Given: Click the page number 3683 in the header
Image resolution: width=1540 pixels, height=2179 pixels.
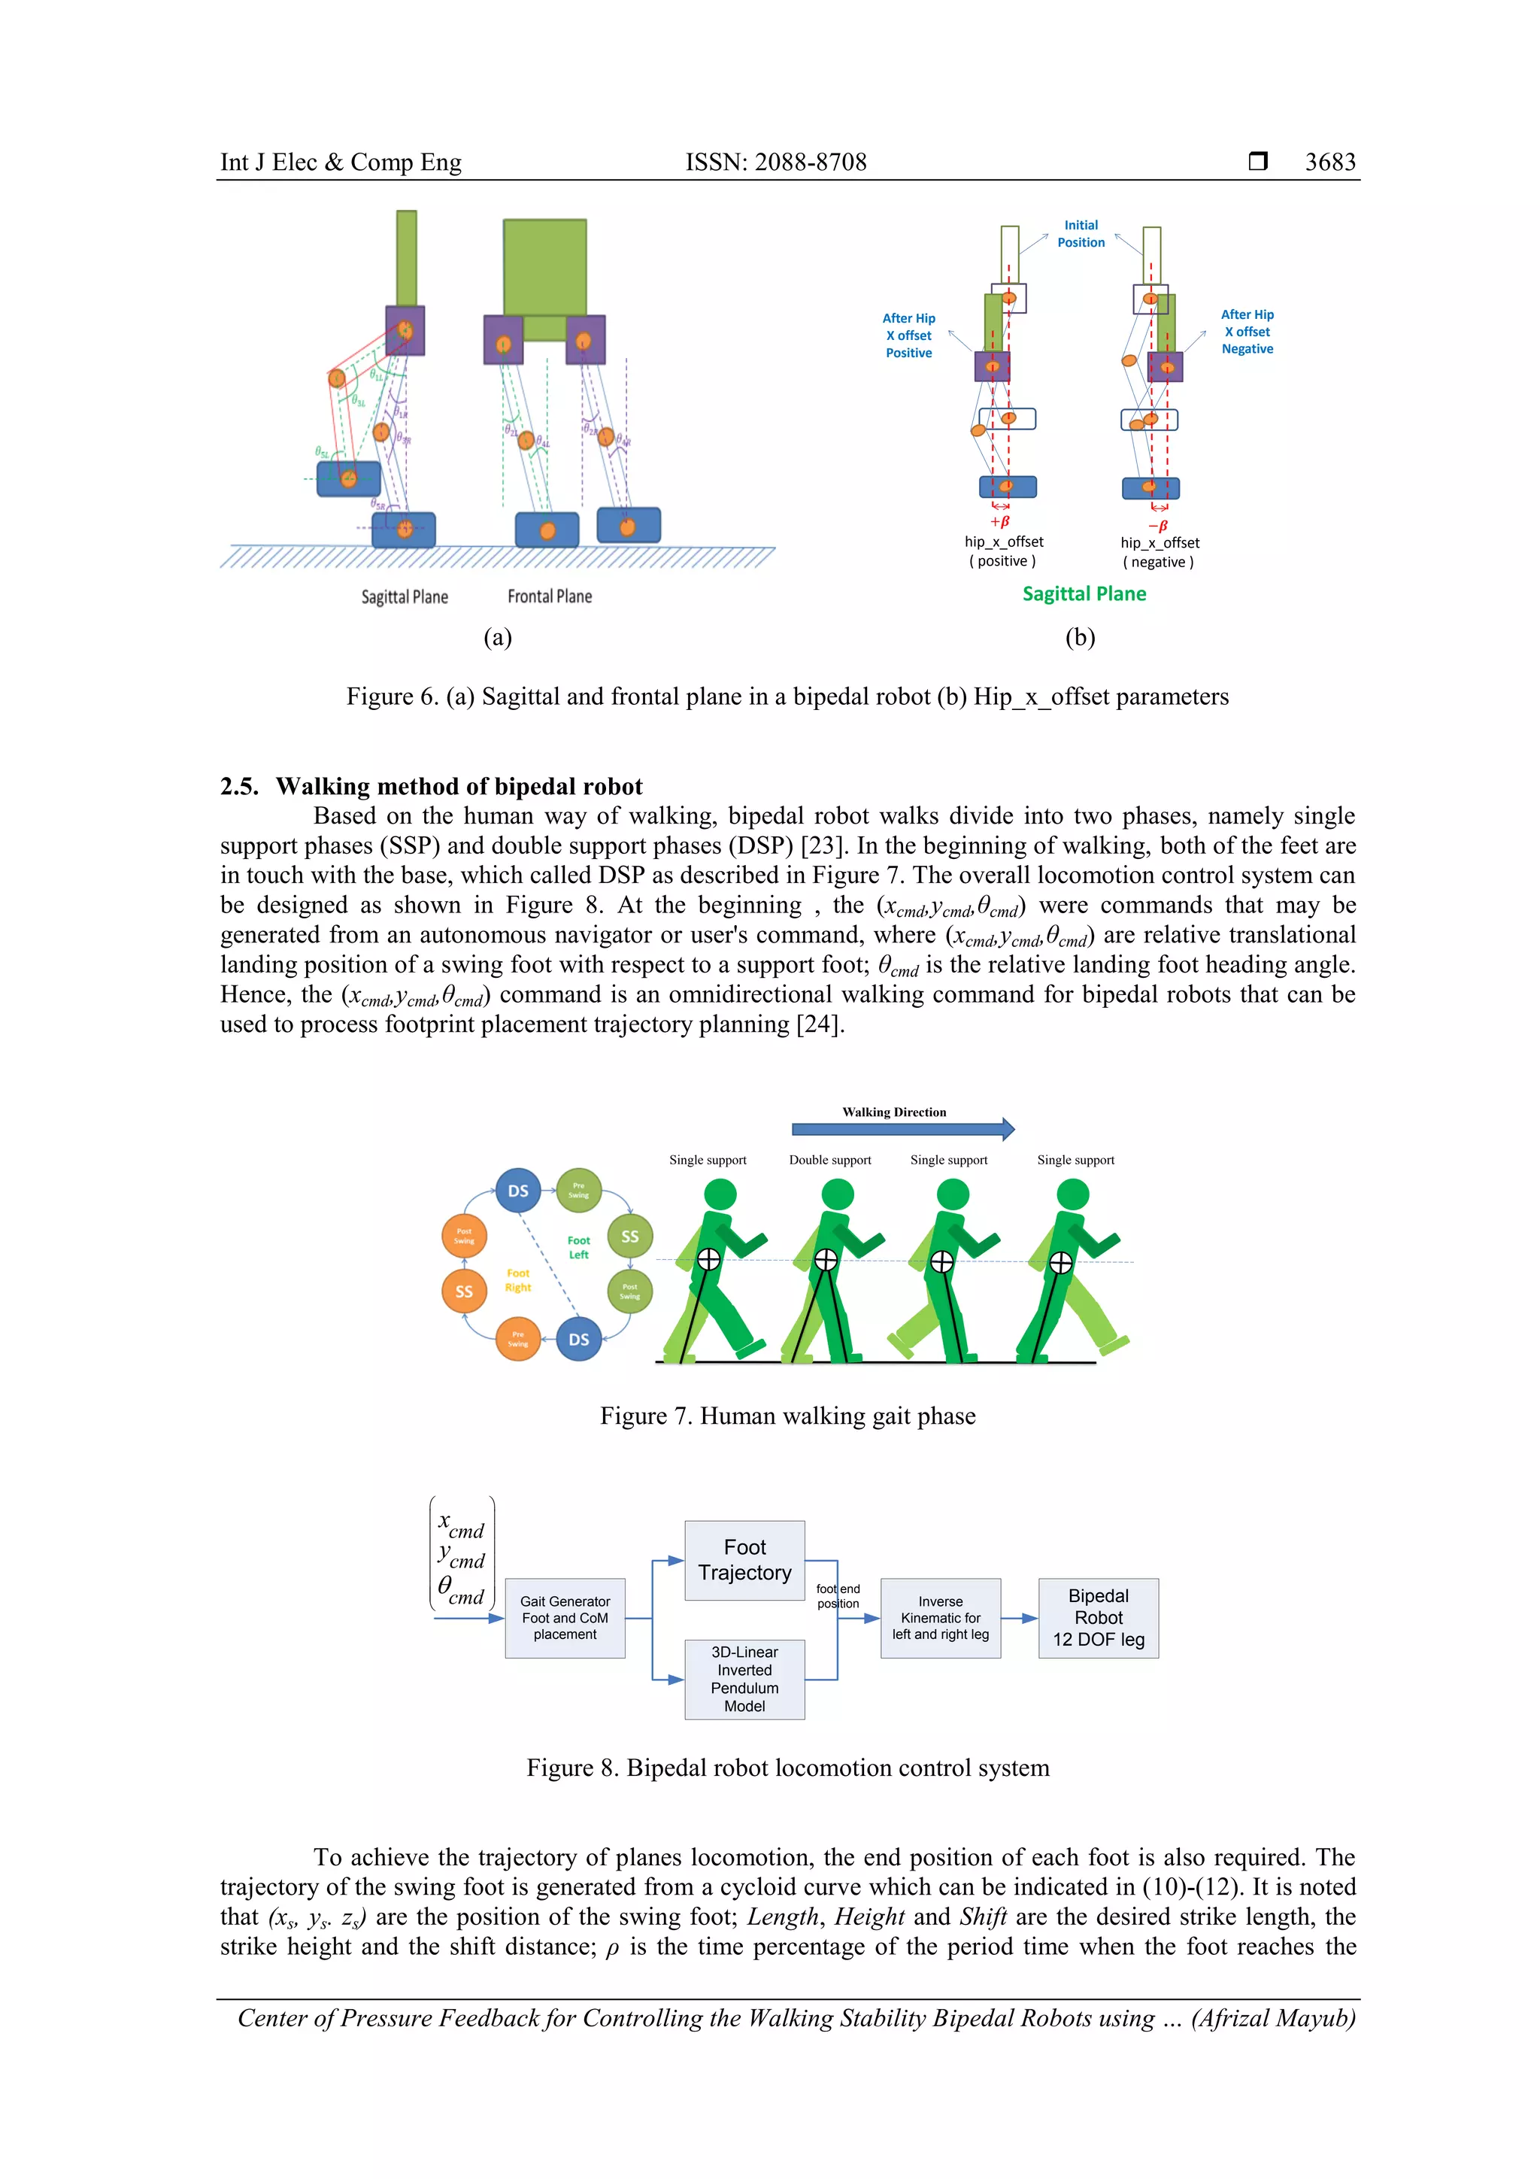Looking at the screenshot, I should pyautogui.click(x=1329, y=162).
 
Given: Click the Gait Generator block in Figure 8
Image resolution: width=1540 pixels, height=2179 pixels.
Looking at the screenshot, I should pyautogui.click(x=565, y=1617).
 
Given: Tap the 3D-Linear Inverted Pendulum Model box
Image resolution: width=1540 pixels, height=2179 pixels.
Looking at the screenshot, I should pyautogui.click(x=745, y=1679).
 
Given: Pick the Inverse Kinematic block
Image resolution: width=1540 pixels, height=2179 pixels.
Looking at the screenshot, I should pyautogui.click(x=941, y=1617).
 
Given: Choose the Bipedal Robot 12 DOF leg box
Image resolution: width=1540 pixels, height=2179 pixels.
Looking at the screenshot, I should pyautogui.click(x=1099, y=1617).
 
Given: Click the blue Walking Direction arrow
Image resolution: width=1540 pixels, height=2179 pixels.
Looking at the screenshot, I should pyautogui.click(x=902, y=1128).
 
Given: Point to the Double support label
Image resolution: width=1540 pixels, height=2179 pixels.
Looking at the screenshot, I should pyautogui.click(x=829, y=1160).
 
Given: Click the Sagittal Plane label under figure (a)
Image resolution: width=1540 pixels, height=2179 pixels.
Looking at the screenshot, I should pyautogui.click(x=405, y=597).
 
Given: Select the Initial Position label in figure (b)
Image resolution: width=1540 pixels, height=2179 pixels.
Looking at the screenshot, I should pyautogui.click(x=1081, y=233).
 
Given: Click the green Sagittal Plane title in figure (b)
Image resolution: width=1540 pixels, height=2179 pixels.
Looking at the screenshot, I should pyautogui.click(x=1084, y=594).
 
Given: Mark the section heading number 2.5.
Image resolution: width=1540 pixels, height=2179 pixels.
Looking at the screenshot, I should pyautogui.click(x=238, y=787).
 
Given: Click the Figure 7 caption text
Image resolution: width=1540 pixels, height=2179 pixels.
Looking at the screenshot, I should pyautogui.click(x=787, y=1416).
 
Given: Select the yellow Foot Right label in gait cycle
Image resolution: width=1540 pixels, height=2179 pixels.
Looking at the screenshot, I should pyautogui.click(x=517, y=1280).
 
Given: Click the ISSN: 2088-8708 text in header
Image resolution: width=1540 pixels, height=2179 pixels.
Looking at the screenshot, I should pyautogui.click(x=776, y=162).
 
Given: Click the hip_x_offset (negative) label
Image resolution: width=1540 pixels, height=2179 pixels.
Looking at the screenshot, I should pyautogui.click(x=1160, y=551).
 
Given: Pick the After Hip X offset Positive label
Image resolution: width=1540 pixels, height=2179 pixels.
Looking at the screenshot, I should pyautogui.click(x=909, y=335).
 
